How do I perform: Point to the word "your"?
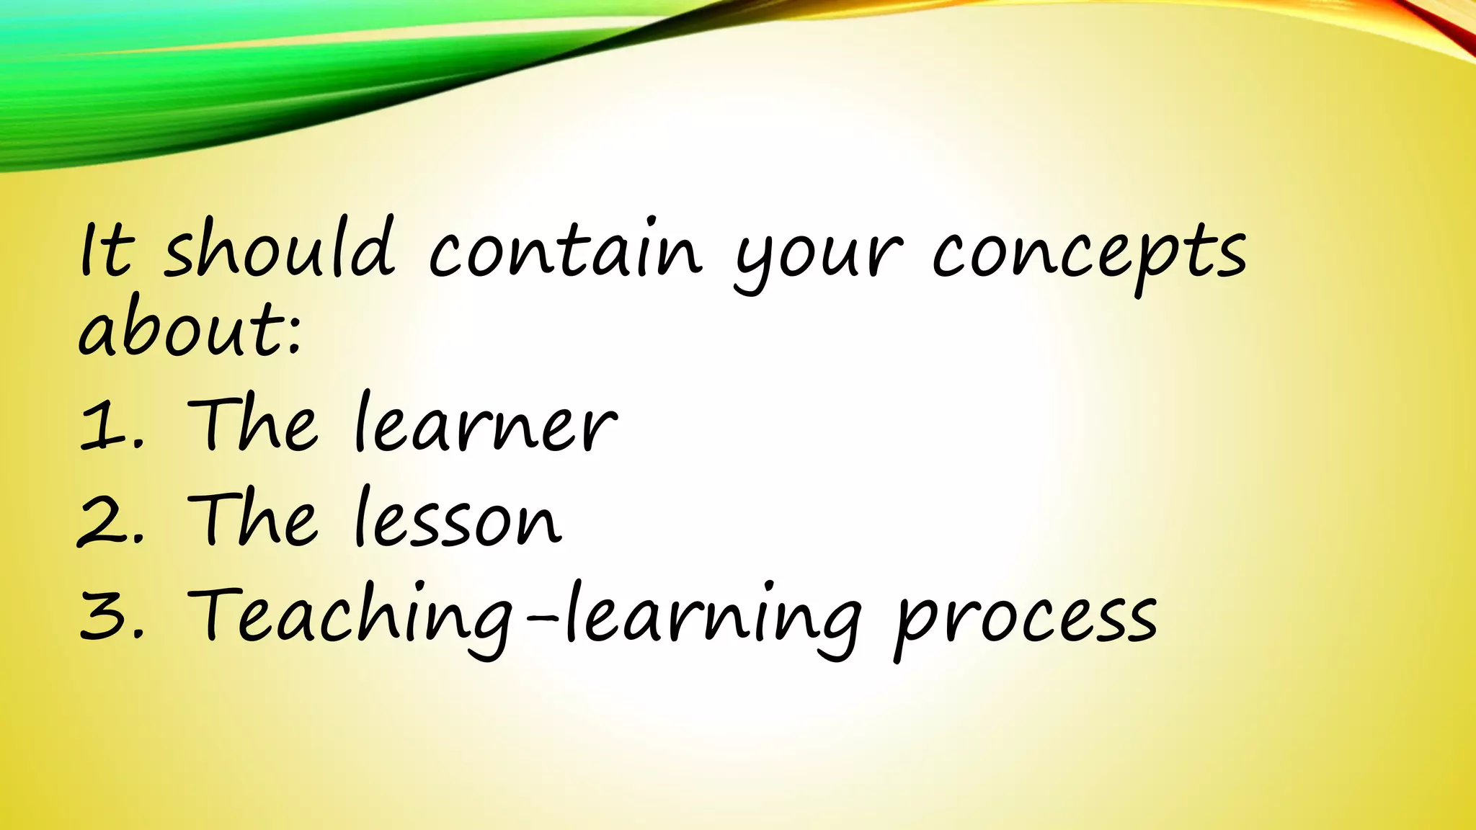(818, 256)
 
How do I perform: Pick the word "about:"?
(189, 331)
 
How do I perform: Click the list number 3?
(100, 615)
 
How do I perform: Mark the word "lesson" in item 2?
(458, 517)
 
